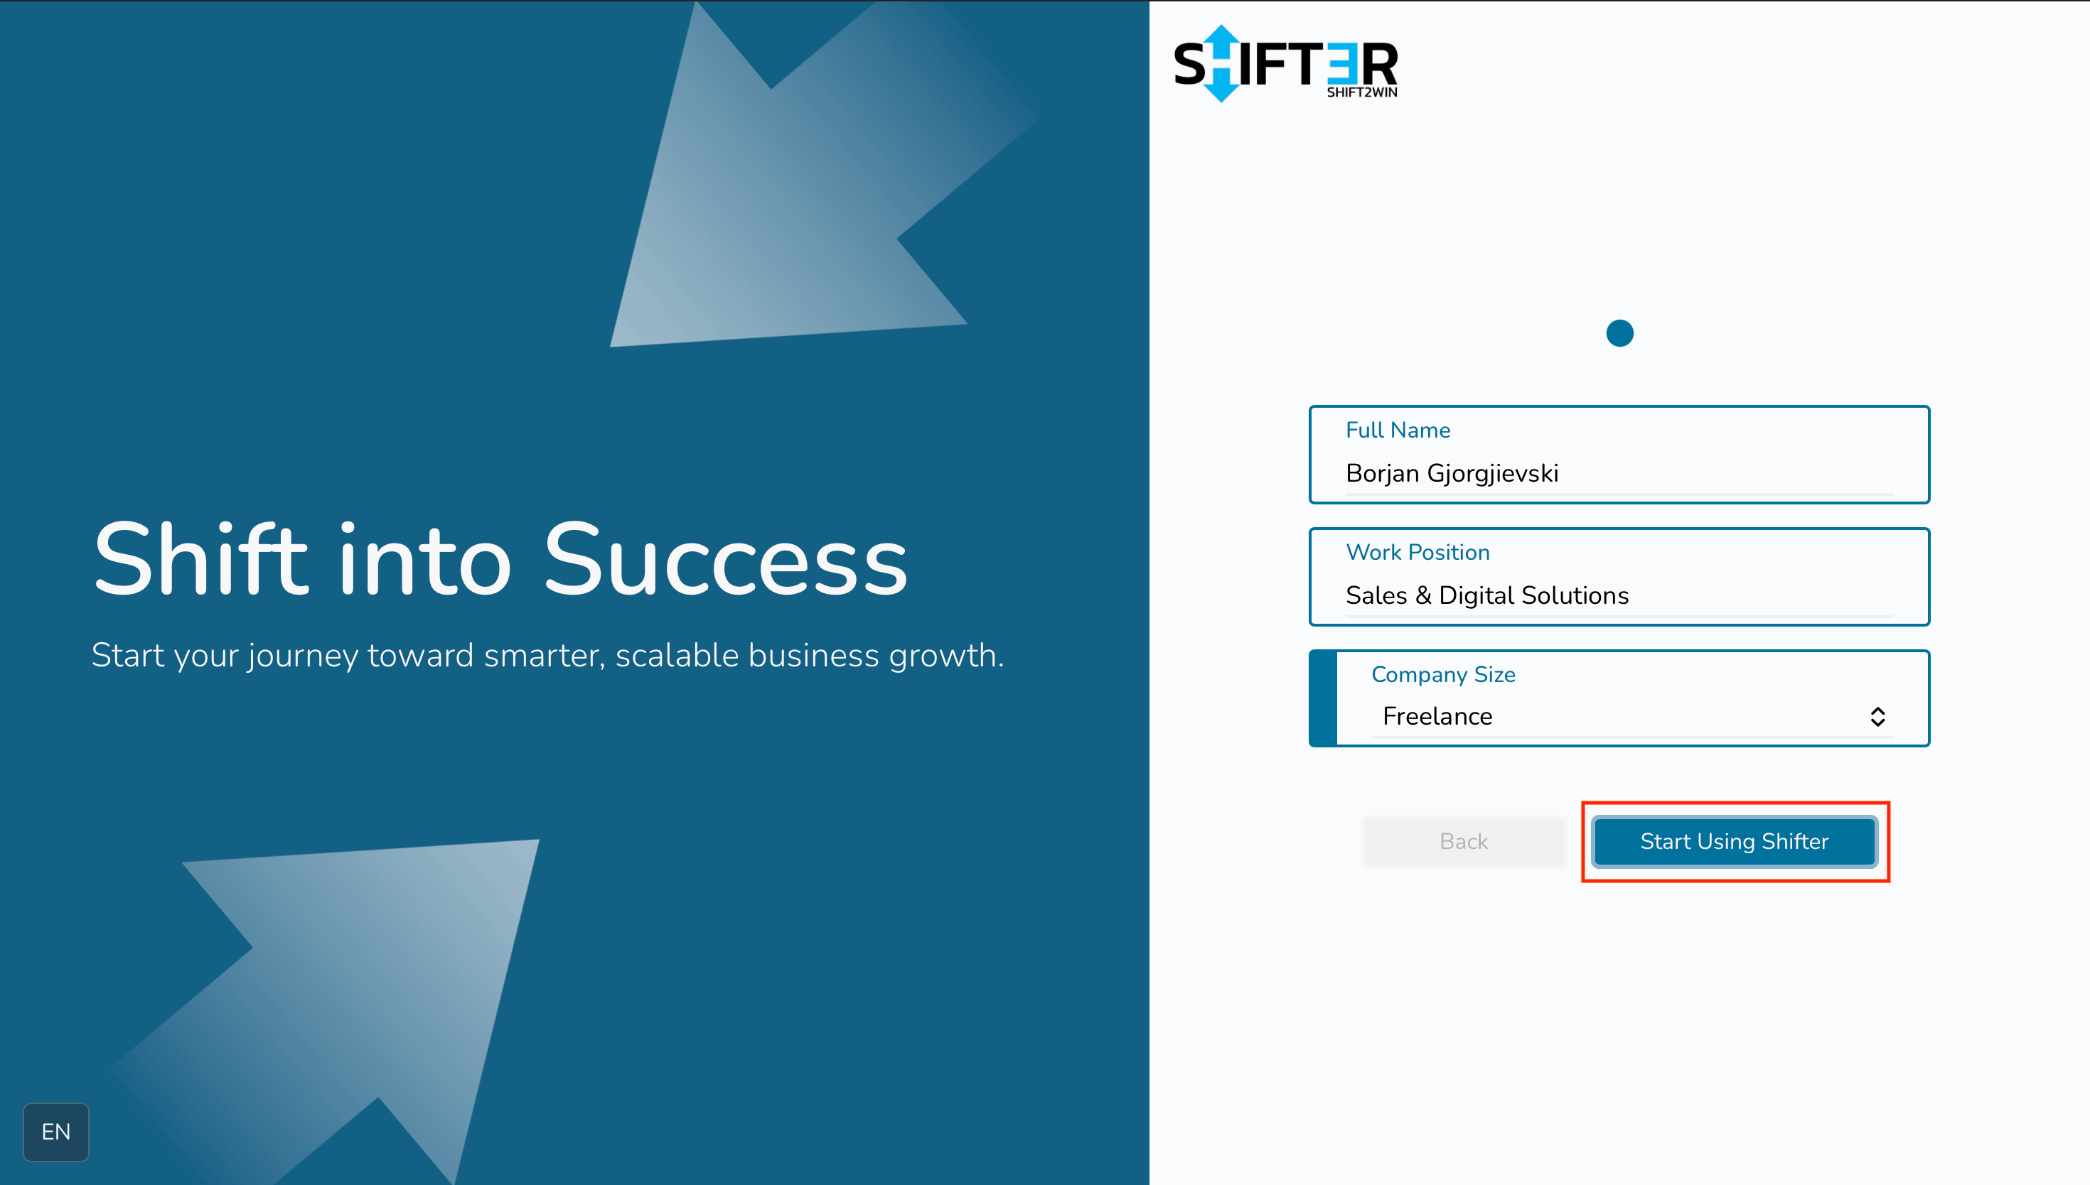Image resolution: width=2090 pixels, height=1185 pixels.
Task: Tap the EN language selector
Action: pyautogui.click(x=56, y=1131)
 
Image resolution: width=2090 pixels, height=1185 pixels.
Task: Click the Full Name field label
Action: pyautogui.click(x=1398, y=430)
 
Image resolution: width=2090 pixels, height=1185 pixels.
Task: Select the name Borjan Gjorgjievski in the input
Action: pyautogui.click(x=1452, y=473)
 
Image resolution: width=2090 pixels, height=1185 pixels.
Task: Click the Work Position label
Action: pyautogui.click(x=1418, y=552)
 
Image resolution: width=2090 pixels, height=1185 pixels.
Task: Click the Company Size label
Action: pyautogui.click(x=1442, y=674)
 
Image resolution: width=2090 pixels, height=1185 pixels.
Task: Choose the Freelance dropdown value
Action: pyautogui.click(x=1437, y=716)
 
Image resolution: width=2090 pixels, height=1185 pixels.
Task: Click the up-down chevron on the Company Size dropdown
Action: pyautogui.click(x=1877, y=716)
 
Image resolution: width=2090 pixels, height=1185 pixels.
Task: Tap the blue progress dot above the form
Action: pyautogui.click(x=1619, y=333)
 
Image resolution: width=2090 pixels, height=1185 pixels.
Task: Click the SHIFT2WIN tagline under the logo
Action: pyautogui.click(x=1362, y=93)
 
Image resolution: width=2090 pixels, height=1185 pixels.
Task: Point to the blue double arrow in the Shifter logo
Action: pyautogui.click(x=1221, y=63)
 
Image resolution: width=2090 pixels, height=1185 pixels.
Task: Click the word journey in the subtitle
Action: pyautogui.click(x=303, y=656)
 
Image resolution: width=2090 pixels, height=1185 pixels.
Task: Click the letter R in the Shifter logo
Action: pyautogui.click(x=1379, y=65)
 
